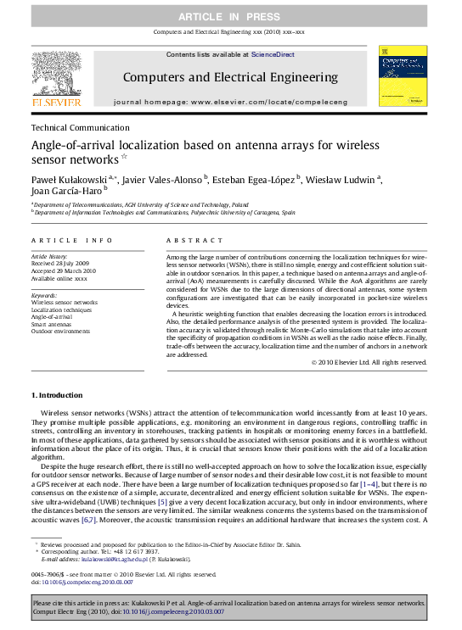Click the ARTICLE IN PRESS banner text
point(230,17)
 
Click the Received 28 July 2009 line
point(62,263)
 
